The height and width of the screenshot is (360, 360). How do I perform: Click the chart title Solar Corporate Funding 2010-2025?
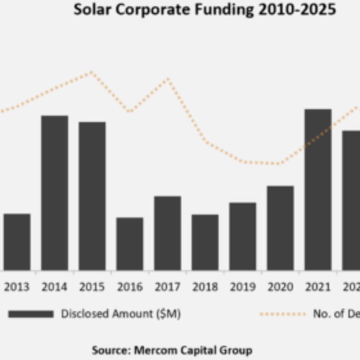pos(205,9)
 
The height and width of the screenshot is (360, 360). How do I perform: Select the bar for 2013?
pos(17,242)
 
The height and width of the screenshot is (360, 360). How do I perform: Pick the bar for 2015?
pos(92,196)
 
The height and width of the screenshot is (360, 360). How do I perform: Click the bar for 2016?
pos(130,243)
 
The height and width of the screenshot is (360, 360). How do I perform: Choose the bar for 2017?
pos(167,233)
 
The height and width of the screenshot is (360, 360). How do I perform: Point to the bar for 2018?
pos(205,242)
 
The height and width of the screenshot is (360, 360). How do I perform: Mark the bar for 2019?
pos(243,236)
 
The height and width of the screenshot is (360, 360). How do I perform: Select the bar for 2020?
pos(280,228)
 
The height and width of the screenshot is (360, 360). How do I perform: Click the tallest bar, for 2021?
pos(318,189)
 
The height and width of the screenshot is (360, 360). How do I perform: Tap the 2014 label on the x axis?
pos(54,287)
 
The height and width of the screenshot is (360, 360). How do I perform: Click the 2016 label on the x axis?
pos(130,287)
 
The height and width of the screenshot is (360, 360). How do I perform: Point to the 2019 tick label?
pos(243,287)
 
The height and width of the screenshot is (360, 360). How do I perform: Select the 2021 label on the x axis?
pos(318,287)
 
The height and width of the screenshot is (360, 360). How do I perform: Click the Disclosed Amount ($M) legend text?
pos(121,314)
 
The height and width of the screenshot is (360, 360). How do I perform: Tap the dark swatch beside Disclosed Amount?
pos(30,314)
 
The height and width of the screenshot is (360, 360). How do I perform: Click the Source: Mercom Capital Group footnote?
pos(172,350)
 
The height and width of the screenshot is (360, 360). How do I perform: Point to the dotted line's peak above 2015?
pos(91,72)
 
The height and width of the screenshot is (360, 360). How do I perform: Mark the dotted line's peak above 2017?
pos(168,79)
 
